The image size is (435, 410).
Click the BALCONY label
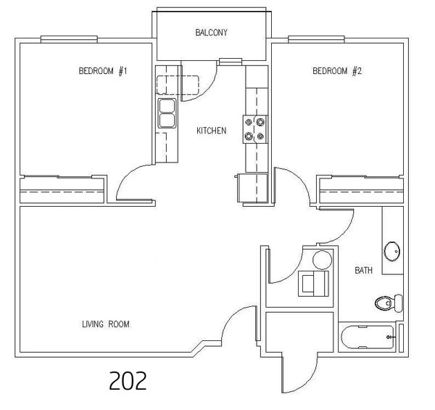[212, 33]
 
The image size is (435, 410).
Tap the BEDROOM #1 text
[103, 71]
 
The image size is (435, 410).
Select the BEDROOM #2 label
[337, 71]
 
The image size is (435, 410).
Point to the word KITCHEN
[212, 131]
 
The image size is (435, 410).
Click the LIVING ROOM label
[106, 324]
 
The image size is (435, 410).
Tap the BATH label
[364, 270]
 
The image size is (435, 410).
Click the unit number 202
[128, 380]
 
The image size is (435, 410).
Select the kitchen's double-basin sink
[167, 113]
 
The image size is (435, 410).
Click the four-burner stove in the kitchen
[255, 129]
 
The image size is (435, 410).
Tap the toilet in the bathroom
[389, 303]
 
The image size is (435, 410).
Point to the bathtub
[368, 337]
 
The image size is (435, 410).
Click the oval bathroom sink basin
[392, 252]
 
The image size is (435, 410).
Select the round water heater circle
[322, 260]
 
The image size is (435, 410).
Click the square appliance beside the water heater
[313, 284]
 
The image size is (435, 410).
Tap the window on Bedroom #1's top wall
[69, 39]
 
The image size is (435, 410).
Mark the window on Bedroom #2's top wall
[316, 39]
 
